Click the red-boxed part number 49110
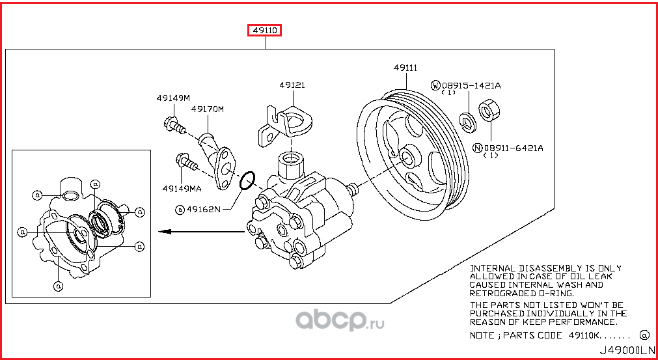point(264,30)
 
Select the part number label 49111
point(405,68)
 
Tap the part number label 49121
point(292,85)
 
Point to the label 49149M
point(172,98)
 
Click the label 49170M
point(207,109)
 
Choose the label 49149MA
point(182,189)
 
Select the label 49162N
point(204,209)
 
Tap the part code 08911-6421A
point(513,148)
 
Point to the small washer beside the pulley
point(467,120)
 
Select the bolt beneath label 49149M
point(172,124)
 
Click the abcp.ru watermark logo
point(340,320)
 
